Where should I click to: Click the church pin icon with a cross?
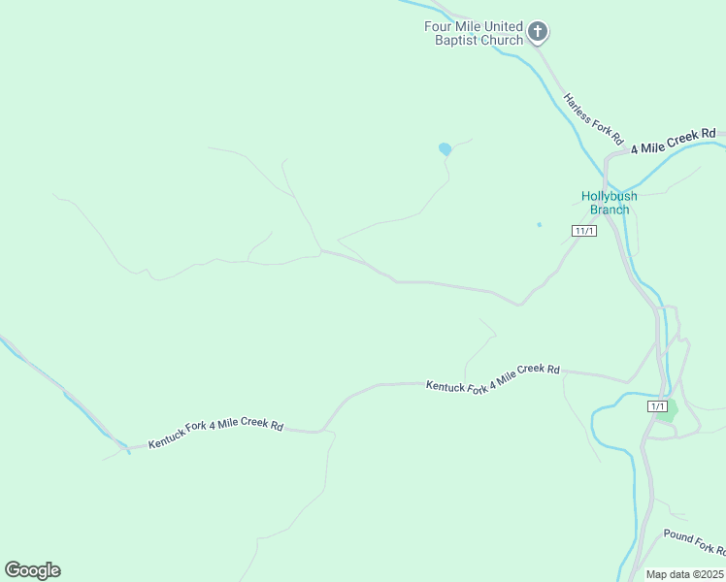click(x=538, y=32)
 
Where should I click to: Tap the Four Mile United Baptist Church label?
click(x=474, y=33)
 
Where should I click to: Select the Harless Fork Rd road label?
click(x=592, y=117)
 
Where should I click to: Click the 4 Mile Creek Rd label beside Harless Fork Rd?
click(x=673, y=141)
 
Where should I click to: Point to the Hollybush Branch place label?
click(x=610, y=203)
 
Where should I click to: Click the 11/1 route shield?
click(x=584, y=231)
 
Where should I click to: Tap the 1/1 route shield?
click(x=657, y=406)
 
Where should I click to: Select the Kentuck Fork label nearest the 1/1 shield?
click(x=493, y=377)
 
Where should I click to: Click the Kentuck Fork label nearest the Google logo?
click(x=215, y=435)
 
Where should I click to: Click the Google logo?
click(x=32, y=570)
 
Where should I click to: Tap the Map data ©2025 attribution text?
click(x=685, y=574)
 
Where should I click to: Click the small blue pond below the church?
click(x=445, y=149)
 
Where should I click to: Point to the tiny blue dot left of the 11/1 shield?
click(x=539, y=225)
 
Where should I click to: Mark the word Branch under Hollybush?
click(x=610, y=210)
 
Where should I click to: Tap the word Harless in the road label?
click(x=578, y=105)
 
